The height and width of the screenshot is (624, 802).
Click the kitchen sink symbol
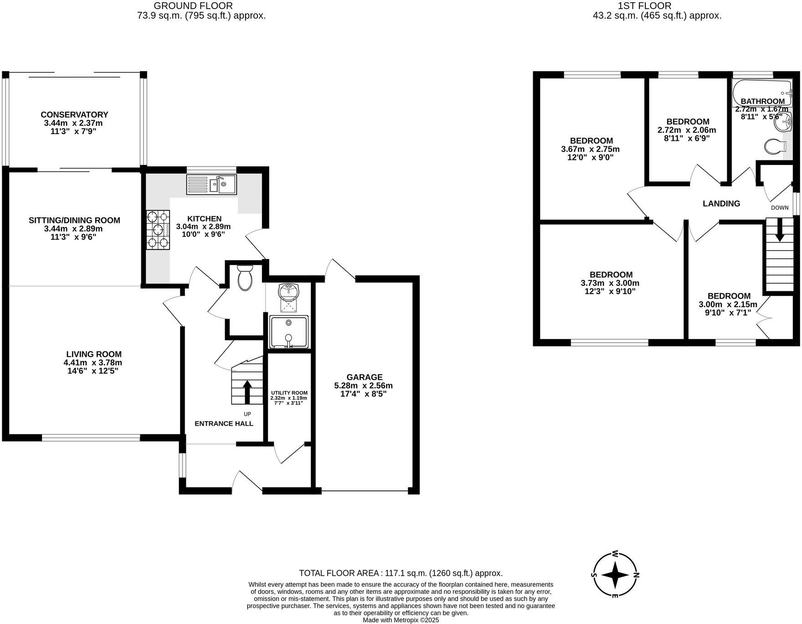point(211,185)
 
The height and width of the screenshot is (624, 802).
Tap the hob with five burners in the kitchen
point(158,230)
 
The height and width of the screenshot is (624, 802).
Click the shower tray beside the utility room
point(288,332)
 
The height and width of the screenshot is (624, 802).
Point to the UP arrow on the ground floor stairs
point(247,392)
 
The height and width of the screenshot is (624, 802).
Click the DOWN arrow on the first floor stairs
point(780,230)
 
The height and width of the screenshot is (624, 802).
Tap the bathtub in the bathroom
point(762,91)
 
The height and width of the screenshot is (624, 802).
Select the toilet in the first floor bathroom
point(775,147)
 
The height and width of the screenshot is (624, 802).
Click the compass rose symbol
point(615,575)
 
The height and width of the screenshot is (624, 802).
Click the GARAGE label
point(364,377)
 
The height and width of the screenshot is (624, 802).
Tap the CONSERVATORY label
point(74,114)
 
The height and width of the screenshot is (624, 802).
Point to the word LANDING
point(721,204)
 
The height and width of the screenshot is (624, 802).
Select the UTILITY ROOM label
point(289,393)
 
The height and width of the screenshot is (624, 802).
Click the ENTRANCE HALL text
point(224,423)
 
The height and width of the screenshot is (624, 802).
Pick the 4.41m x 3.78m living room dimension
point(93,363)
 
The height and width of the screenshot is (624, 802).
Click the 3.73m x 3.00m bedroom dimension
point(610,283)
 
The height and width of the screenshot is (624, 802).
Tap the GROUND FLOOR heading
point(193,6)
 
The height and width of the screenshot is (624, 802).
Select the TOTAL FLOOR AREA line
point(401,573)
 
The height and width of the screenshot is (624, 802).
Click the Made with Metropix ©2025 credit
point(401,620)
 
